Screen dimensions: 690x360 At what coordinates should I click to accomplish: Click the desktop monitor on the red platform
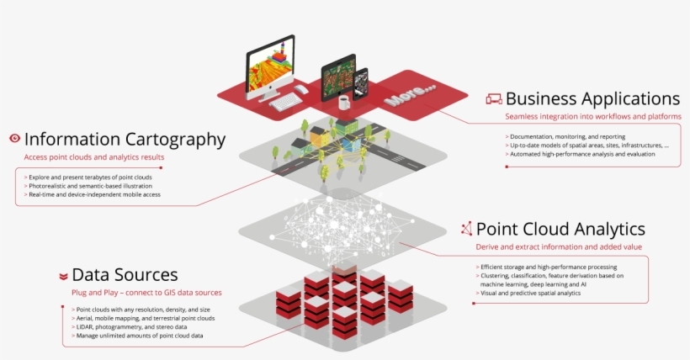pos(270,65)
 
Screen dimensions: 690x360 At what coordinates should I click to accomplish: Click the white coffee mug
pos(343,101)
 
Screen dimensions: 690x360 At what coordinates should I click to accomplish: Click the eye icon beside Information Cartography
pos(14,139)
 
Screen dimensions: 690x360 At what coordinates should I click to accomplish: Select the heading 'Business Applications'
pos(592,98)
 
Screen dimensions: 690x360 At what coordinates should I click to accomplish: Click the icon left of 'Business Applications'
pos(494,99)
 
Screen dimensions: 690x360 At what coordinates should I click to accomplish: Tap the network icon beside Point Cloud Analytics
pos(466,229)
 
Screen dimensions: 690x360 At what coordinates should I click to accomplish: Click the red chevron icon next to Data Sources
pos(63,276)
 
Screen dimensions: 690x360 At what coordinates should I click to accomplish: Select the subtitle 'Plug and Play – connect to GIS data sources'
pos(146,293)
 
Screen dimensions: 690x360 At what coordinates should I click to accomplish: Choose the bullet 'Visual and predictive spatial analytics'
pos(530,293)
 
